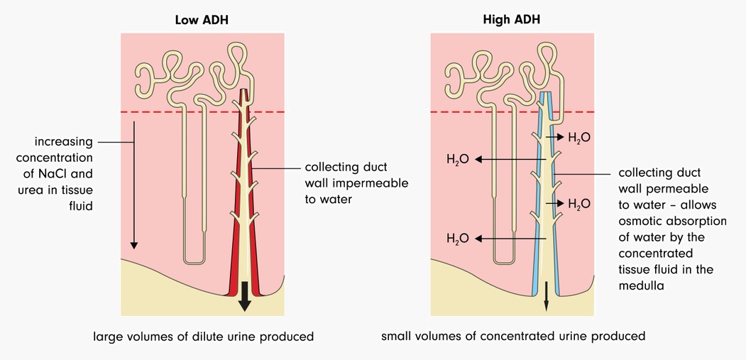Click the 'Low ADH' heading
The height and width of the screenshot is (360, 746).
point(202,20)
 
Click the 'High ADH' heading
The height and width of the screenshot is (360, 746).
point(512,20)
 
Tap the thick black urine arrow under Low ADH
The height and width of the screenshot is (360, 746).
point(245,297)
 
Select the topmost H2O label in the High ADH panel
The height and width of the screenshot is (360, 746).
point(580,137)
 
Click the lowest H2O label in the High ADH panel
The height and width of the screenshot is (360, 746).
point(458,238)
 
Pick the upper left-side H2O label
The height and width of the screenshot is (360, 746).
point(458,160)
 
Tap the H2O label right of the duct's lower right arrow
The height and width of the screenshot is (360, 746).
point(580,204)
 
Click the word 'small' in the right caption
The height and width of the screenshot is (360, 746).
point(396,336)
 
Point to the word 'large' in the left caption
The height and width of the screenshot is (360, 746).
point(108,336)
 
